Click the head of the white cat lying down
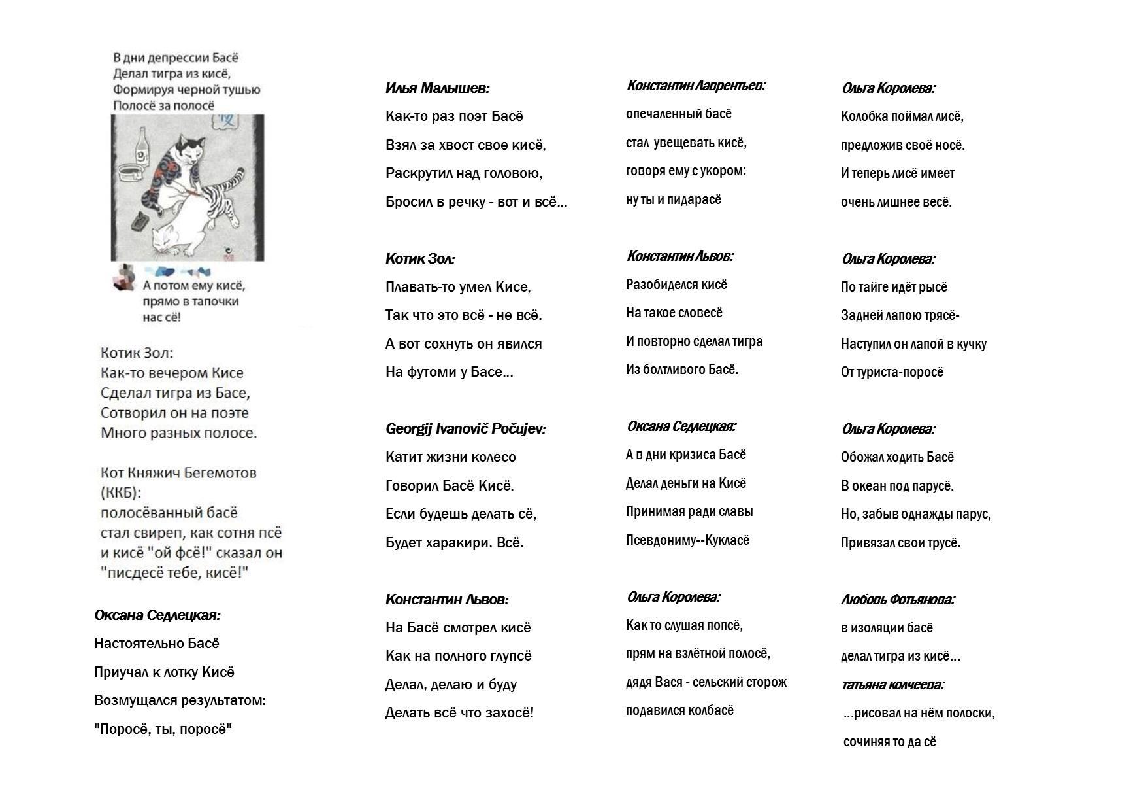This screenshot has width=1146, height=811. coord(165,239)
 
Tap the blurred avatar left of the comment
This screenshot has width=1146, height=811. coord(124,277)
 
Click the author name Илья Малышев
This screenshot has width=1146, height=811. coord(437,88)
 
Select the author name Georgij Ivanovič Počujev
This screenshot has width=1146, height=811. coord(465,429)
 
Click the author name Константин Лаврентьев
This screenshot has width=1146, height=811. coord(695,86)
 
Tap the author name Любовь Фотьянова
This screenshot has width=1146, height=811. coord(897,599)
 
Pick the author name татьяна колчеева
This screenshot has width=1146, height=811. coord(892,685)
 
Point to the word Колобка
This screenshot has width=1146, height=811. coord(864,116)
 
